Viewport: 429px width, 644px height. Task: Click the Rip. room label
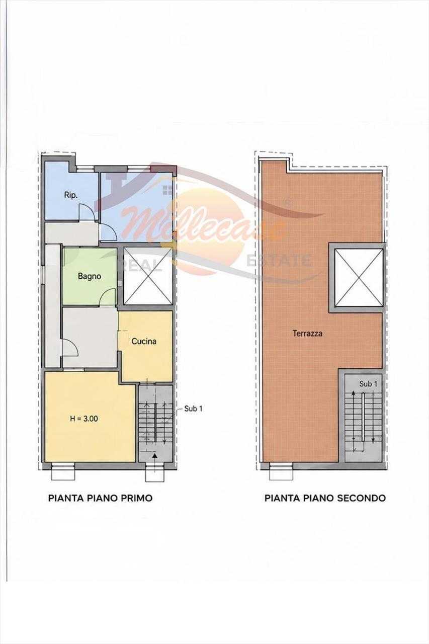click(x=71, y=196)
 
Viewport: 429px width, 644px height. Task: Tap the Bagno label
click(x=90, y=277)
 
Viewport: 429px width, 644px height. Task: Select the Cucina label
click(x=144, y=341)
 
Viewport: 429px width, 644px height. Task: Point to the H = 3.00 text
click(x=84, y=419)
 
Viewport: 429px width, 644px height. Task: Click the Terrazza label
click(x=307, y=334)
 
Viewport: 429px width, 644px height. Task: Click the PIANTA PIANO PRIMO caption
click(x=100, y=498)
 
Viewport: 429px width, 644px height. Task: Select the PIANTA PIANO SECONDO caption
click(x=325, y=498)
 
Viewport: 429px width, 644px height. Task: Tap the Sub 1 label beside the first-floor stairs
click(x=194, y=409)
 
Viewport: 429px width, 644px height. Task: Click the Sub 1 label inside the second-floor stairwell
click(x=368, y=384)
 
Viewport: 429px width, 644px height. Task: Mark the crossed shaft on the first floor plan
click(x=148, y=276)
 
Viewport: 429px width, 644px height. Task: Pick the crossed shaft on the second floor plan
click(x=360, y=278)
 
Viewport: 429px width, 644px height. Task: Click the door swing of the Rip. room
click(x=87, y=212)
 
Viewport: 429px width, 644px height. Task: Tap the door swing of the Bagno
click(x=107, y=297)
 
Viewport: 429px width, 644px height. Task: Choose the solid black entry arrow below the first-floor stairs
click(x=155, y=455)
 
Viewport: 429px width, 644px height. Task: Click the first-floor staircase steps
click(x=155, y=426)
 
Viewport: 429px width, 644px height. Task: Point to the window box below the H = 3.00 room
click(x=63, y=471)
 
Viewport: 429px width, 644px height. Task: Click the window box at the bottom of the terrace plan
click(x=281, y=471)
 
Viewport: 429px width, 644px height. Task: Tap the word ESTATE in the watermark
click(x=279, y=261)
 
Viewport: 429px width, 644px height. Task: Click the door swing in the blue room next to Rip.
click(x=108, y=232)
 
